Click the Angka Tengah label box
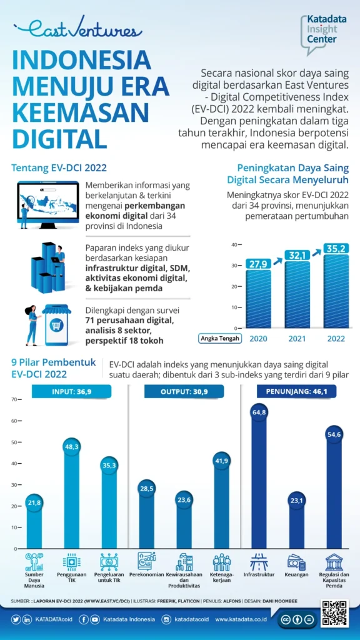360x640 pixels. click(220, 338)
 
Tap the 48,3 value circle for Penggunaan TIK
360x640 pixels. click(71, 447)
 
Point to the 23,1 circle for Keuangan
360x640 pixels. click(296, 500)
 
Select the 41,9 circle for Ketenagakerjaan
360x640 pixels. click(222, 461)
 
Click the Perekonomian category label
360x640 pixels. click(146, 574)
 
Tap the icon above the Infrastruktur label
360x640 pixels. click(259, 561)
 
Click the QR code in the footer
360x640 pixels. click(334, 614)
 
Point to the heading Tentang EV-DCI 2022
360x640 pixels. click(59, 167)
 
